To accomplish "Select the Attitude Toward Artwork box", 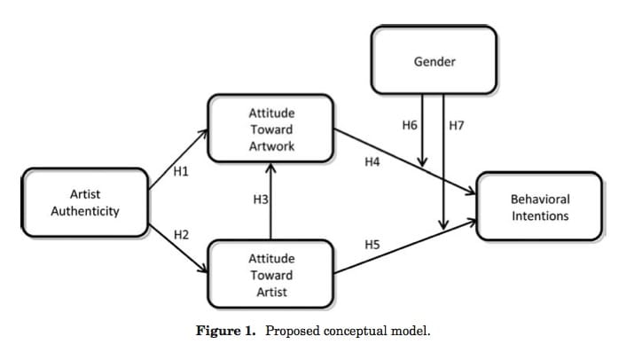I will [x=270, y=129].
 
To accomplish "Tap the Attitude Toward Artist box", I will [x=270, y=275].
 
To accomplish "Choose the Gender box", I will [x=433, y=61].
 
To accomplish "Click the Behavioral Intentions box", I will [x=540, y=207].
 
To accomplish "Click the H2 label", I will [x=181, y=235].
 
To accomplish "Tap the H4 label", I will [x=372, y=161].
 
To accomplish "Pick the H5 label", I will [x=372, y=242].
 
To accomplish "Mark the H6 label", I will [x=409, y=126].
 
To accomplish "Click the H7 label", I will [x=457, y=126].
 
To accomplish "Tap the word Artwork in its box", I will [x=270, y=145].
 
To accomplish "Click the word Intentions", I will [x=540, y=215].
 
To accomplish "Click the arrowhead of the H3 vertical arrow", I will [x=270, y=168].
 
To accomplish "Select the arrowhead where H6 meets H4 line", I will [x=423, y=162].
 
